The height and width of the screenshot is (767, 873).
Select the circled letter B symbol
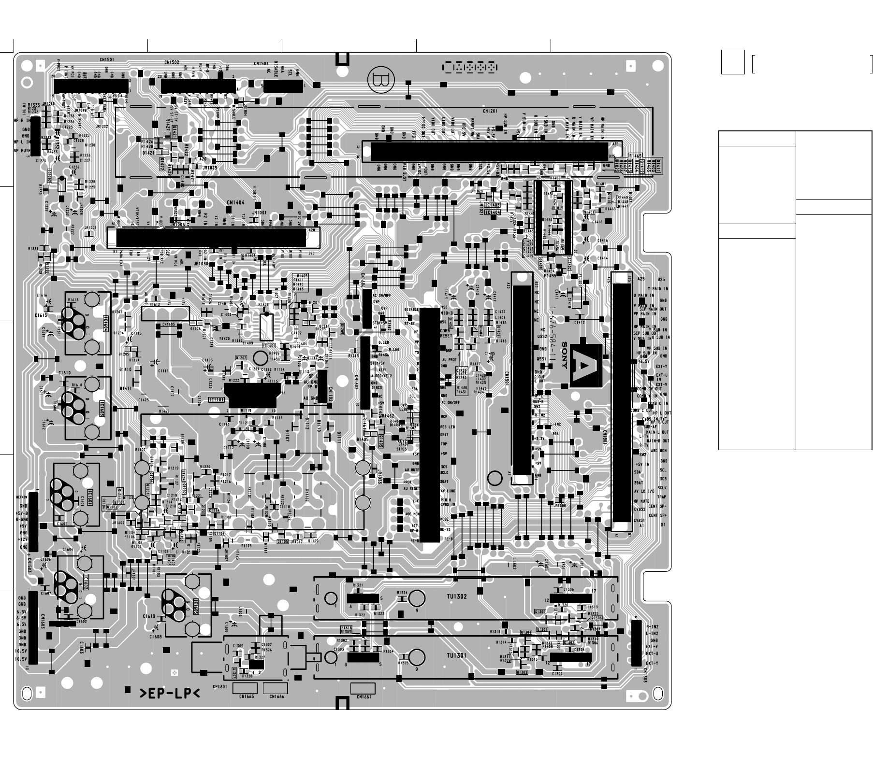click(x=381, y=80)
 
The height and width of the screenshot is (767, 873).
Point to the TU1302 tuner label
click(x=457, y=597)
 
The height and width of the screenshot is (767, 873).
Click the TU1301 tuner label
click(x=457, y=655)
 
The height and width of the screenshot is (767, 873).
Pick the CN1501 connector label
click(x=107, y=60)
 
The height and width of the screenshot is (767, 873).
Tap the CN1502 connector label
click(x=172, y=62)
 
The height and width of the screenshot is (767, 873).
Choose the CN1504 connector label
click(x=261, y=63)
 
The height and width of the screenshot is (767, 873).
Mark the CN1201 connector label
click(x=489, y=111)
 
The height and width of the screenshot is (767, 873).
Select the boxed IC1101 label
click(x=216, y=400)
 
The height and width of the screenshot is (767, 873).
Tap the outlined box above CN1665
click(x=245, y=688)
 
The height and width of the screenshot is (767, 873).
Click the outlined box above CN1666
click(x=276, y=688)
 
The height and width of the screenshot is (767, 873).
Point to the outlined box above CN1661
click(x=362, y=688)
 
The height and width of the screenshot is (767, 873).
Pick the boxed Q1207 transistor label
click(x=241, y=357)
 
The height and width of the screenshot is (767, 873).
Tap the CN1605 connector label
click(x=169, y=325)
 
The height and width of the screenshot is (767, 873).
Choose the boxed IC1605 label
click(x=196, y=607)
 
